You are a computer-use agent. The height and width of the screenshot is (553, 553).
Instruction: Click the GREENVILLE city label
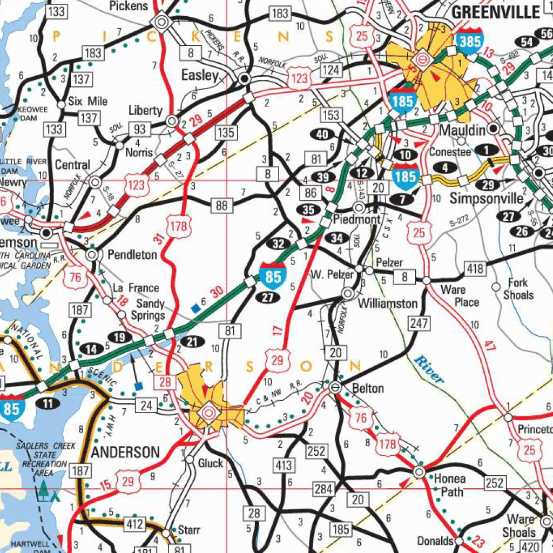pyautogui.click(x=495, y=12)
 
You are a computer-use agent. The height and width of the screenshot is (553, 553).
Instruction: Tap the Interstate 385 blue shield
pyautogui.click(x=470, y=40)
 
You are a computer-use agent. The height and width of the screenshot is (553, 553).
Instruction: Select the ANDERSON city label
pyautogui.click(x=125, y=452)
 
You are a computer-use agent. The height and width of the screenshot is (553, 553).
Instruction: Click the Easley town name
pyautogui.click(x=200, y=76)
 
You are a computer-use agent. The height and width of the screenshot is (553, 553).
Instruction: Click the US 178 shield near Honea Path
pyautogui.click(x=388, y=444)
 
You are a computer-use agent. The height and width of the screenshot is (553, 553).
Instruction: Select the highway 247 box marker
pyautogui.click(x=419, y=323)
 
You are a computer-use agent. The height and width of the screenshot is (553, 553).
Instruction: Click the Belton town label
pyautogui.click(x=368, y=388)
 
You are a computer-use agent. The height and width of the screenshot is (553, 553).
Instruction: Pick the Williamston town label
pyautogui.click(x=388, y=304)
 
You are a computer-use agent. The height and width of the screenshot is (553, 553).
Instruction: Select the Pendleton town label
pyautogui.click(x=132, y=254)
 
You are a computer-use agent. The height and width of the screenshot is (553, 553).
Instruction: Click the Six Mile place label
pyautogui.click(x=88, y=102)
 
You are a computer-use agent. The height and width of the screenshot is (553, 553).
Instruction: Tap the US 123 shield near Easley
pyautogui.click(x=299, y=79)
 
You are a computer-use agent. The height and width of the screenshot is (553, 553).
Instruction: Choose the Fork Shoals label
pyautogui.click(x=518, y=289)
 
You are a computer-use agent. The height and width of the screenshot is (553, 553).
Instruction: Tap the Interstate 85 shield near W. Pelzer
pyautogui.click(x=273, y=276)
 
